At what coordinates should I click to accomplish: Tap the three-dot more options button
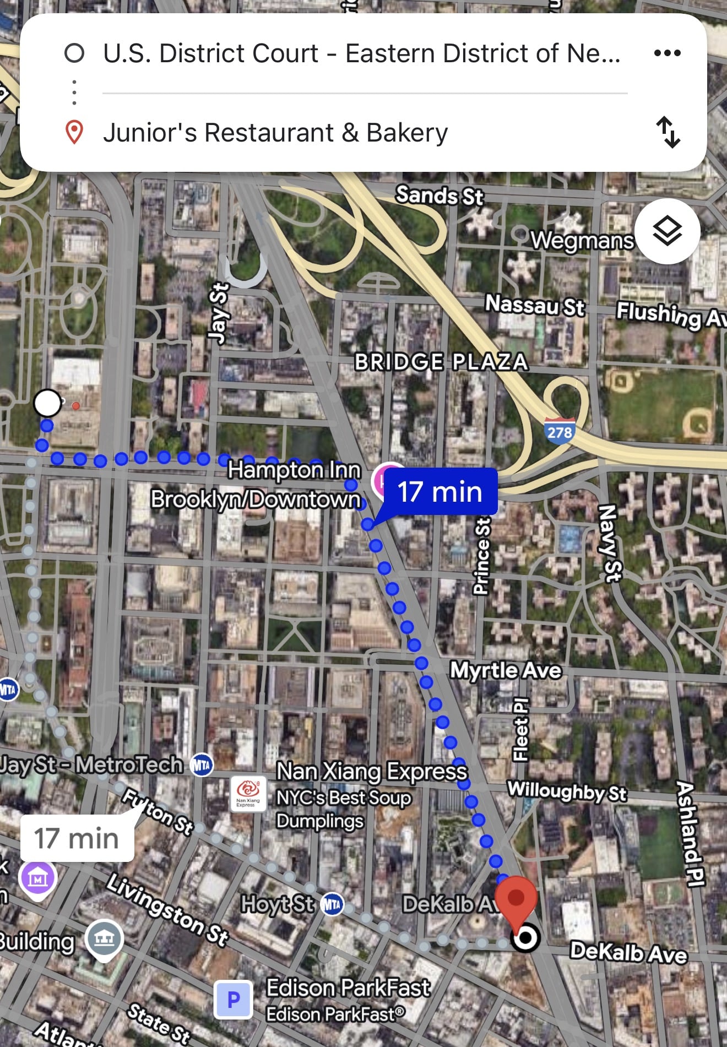[667, 53]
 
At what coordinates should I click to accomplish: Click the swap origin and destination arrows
[668, 132]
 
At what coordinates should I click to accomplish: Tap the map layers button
[667, 231]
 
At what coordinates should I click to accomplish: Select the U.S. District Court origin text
[361, 53]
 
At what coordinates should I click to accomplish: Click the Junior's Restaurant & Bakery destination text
[275, 133]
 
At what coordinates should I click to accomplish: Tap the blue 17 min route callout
[440, 492]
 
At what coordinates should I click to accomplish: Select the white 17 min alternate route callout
[77, 838]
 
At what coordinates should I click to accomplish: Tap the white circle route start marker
[47, 403]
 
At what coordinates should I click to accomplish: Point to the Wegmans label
[582, 241]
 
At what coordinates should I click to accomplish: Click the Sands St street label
[439, 196]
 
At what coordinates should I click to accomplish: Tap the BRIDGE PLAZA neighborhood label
[441, 362]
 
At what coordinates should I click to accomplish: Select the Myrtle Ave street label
[506, 670]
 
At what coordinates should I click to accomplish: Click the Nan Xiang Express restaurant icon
[248, 794]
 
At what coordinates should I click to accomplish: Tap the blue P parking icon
[234, 999]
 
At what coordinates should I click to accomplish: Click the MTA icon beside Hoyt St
[332, 904]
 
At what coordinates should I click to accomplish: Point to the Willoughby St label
[567, 791]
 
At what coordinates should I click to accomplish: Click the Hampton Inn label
[294, 470]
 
